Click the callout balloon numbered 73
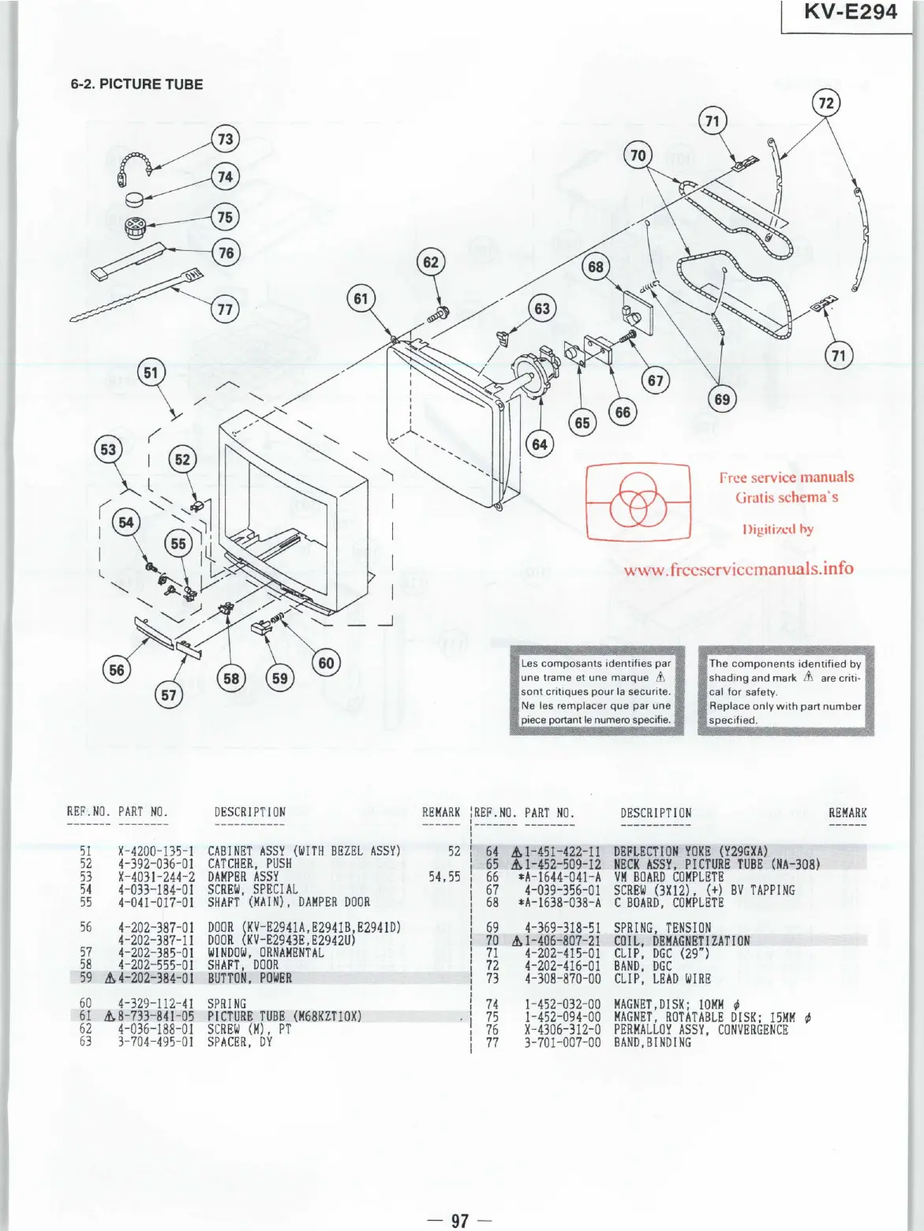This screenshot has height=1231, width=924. pyautogui.click(x=226, y=140)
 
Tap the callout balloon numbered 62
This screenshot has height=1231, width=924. pyautogui.click(x=431, y=262)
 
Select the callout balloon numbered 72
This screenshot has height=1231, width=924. pyautogui.click(x=826, y=103)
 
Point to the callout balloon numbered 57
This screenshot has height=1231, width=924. pyautogui.click(x=169, y=694)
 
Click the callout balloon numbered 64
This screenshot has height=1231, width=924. pyautogui.click(x=540, y=444)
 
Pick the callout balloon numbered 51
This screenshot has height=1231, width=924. pyautogui.click(x=151, y=372)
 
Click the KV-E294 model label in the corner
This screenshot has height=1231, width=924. pyautogui.click(x=850, y=13)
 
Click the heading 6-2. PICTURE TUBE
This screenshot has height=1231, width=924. pyautogui.click(x=137, y=84)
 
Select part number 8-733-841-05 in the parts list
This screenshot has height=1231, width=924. pyautogui.click(x=155, y=1016)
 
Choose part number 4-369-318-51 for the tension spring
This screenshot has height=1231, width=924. pyautogui.click(x=563, y=928)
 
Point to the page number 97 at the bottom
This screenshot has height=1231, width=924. pyautogui.click(x=460, y=1221)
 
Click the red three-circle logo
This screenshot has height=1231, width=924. pyautogui.click(x=638, y=502)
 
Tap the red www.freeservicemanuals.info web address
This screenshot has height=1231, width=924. pyautogui.click(x=739, y=569)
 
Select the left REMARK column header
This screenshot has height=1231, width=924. pyautogui.click(x=441, y=812)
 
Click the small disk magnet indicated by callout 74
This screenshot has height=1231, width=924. pyautogui.click(x=135, y=198)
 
